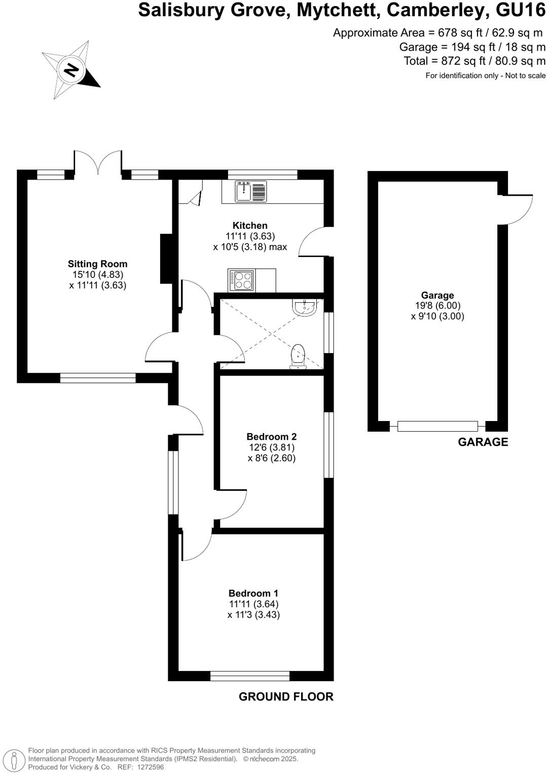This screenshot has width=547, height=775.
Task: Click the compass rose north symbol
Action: coord(71,69)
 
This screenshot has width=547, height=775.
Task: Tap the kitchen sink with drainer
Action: coord(250,191)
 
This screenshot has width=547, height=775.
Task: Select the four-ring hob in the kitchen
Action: coord(242,280)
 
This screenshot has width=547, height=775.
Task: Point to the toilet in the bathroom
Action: coord(298,356)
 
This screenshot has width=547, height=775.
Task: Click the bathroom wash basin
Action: coord(305,307)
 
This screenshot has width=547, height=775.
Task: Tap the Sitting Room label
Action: coord(98,264)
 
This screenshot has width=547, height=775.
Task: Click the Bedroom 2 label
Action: coord(271,436)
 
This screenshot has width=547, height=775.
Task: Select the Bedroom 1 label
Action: coord(253,593)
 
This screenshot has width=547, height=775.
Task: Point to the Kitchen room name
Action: coord(250,226)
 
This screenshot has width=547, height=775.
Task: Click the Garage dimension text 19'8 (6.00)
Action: coord(437,305)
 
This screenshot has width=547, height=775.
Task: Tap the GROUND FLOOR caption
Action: coord(286,697)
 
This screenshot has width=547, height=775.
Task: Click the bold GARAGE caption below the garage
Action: coord(483,442)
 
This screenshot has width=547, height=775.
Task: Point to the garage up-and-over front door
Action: coord(437,426)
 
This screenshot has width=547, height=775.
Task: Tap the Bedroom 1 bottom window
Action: coord(249,676)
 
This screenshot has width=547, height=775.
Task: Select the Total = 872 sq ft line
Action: coord(475,61)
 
